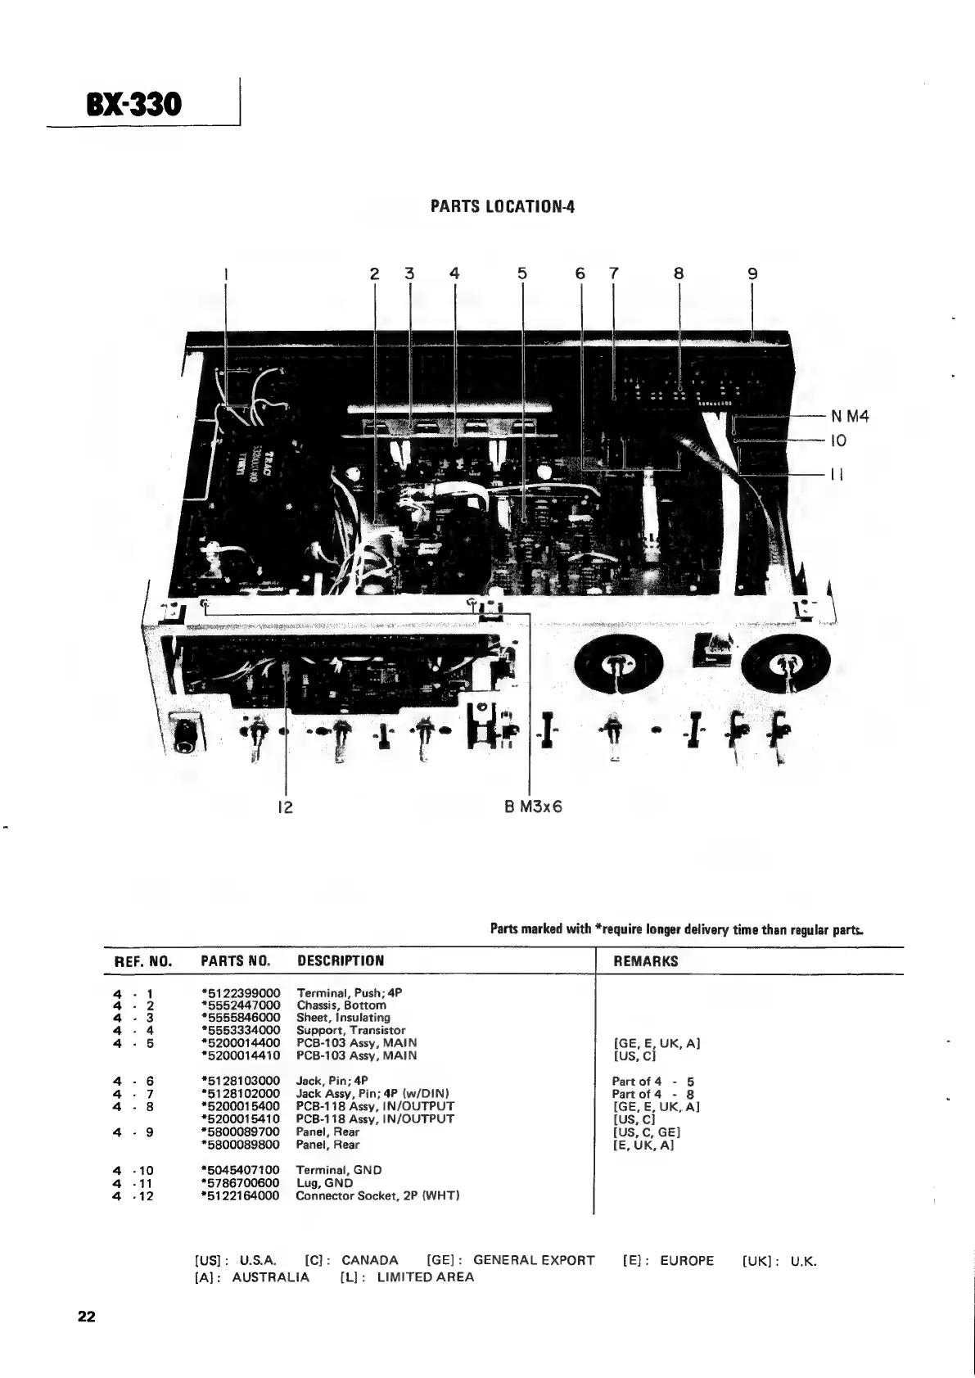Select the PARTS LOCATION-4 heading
point(502,206)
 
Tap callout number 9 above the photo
point(752,274)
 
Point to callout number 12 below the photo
point(284,806)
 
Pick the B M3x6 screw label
point(532,806)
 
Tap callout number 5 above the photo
point(522,274)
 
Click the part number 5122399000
point(241,992)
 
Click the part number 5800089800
point(241,1145)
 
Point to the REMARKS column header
point(645,961)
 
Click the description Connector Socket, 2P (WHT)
point(377,1195)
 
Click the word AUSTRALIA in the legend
point(271,1277)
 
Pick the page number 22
point(86,1317)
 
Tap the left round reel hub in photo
point(616,664)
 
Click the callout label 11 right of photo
point(837,474)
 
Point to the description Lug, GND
point(324,1182)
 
